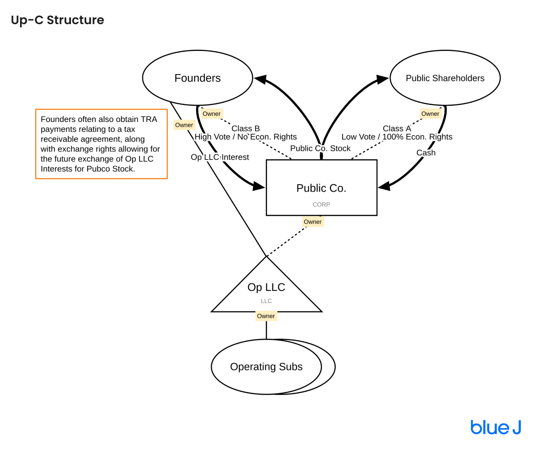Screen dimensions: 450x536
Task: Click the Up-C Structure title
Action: point(57,20)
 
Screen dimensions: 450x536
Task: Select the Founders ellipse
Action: point(197,78)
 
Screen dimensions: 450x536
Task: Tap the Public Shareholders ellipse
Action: point(445,78)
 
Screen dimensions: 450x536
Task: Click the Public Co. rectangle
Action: point(321,188)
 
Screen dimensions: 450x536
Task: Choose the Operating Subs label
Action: point(266,367)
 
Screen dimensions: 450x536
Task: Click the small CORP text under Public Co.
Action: point(321,205)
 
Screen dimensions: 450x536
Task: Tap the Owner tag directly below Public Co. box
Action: point(312,222)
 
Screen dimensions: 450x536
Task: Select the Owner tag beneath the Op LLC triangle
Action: point(266,316)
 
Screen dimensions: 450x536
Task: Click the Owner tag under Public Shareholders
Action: point(430,114)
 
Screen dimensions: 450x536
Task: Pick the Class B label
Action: point(245,129)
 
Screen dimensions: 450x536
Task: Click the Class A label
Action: point(397,129)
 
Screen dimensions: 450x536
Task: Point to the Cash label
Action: point(426,153)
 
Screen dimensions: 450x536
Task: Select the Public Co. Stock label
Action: point(320,148)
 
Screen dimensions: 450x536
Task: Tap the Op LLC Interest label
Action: point(220,157)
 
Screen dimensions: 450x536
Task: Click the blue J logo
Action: point(495,427)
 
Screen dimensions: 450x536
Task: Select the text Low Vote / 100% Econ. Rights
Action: point(397,137)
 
